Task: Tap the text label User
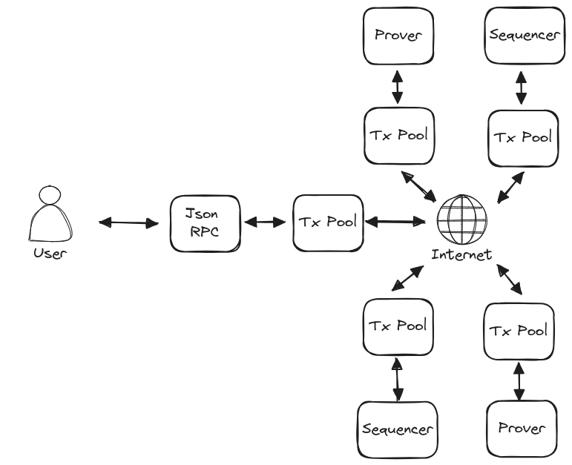click(x=50, y=254)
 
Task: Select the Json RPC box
click(x=205, y=222)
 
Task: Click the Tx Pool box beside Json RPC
click(x=327, y=222)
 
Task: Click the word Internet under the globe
click(x=461, y=255)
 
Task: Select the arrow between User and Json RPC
click(x=130, y=222)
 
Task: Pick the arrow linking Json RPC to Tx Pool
click(x=266, y=222)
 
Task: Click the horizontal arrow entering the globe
click(x=394, y=221)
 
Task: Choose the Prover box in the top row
click(x=398, y=35)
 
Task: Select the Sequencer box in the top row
click(x=522, y=35)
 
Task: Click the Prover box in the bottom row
click(x=521, y=429)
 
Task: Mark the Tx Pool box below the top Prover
click(x=398, y=136)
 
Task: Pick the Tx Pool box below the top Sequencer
click(x=522, y=137)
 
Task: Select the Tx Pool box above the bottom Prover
click(x=519, y=329)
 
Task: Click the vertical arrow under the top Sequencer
click(x=522, y=87)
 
